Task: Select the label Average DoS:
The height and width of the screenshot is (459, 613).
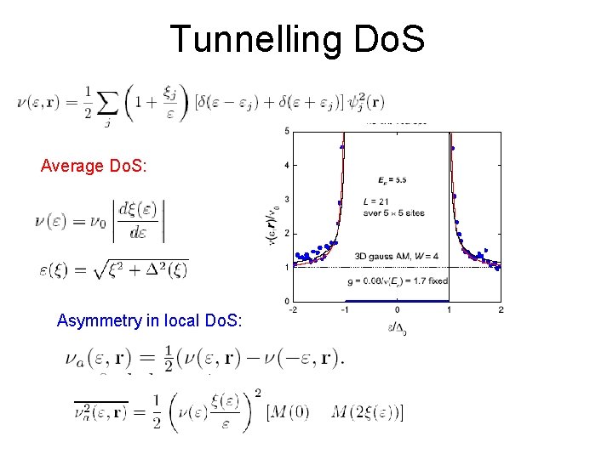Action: [94, 166]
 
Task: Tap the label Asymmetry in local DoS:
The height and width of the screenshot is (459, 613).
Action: [149, 320]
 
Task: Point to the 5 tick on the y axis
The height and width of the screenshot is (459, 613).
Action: [287, 131]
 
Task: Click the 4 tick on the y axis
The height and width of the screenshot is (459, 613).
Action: [287, 165]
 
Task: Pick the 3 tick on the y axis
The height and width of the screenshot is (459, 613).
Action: [287, 199]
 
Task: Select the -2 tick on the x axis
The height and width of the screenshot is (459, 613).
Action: [293, 309]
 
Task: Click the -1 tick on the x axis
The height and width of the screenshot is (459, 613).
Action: [344, 309]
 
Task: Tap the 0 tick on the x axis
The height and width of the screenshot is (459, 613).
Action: [397, 309]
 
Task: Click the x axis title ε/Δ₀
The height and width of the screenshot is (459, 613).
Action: [397, 326]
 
